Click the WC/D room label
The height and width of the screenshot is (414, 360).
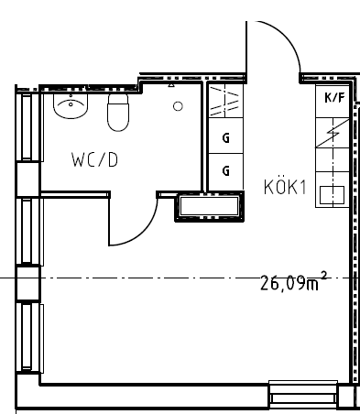94,159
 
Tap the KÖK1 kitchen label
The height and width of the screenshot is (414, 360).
285,186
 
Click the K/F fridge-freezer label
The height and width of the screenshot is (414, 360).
334,98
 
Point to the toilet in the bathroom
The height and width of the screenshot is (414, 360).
118,113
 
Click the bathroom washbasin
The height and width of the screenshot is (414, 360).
71,106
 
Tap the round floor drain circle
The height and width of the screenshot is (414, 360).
178,106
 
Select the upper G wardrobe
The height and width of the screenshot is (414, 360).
225,136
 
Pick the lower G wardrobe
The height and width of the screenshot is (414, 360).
225,171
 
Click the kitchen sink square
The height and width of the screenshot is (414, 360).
332,195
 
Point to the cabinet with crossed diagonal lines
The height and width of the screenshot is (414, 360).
225,101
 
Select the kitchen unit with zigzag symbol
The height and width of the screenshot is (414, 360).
333,133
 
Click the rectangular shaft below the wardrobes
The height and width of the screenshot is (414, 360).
209,206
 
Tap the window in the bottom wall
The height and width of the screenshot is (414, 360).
303,394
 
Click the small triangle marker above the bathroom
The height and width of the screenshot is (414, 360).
171,85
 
